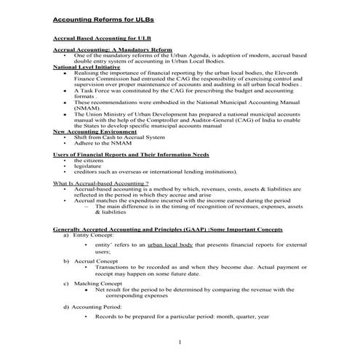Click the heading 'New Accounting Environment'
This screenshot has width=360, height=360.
click(95, 132)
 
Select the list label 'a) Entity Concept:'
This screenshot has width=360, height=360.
click(89, 235)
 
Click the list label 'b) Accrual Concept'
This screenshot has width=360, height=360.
click(90, 260)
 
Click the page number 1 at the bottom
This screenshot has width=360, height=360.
click(180, 342)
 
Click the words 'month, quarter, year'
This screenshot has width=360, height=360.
click(243, 316)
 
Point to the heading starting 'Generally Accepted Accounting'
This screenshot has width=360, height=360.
click(168, 229)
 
